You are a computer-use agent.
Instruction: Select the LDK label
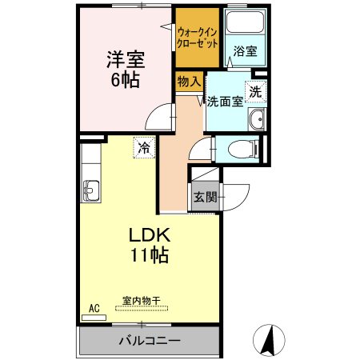(x=150, y=237)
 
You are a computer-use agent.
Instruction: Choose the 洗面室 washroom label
(x=224, y=102)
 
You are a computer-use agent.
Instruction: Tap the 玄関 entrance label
(x=204, y=197)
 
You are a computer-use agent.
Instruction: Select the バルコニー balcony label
(x=150, y=340)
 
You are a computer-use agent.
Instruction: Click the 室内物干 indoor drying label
(x=142, y=301)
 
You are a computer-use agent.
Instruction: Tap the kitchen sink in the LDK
(x=90, y=191)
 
